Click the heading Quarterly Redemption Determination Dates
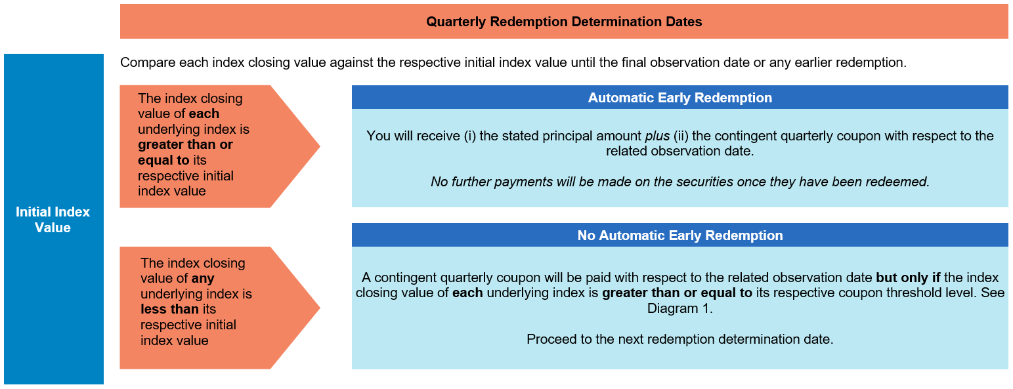point(564,22)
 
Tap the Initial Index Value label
point(53,220)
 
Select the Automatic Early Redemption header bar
point(679,98)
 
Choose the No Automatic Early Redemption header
point(679,235)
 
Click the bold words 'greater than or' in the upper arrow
point(185,144)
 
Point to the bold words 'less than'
point(169,309)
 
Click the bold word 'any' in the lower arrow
point(203,278)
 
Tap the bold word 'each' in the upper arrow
point(204,113)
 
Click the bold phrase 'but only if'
point(908,277)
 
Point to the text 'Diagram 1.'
point(679,308)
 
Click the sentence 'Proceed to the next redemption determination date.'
point(679,339)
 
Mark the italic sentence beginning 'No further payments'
point(679,182)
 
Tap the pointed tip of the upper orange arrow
point(320,146)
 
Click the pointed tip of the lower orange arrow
point(320,308)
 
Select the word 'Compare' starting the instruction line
point(148,62)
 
